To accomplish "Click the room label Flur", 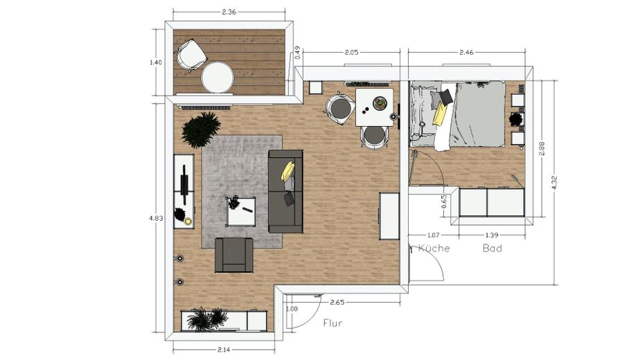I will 333,322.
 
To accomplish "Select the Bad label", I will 492,248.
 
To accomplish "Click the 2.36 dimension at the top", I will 229,12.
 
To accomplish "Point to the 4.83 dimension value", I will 156,217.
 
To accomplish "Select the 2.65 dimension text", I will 337,302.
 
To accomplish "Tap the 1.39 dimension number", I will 492,235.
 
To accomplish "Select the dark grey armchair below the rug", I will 234,255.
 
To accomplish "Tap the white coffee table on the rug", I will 242,212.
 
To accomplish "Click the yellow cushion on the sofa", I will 288,170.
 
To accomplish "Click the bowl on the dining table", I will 380,104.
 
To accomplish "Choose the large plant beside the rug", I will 201,129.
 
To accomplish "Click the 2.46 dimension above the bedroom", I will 469,53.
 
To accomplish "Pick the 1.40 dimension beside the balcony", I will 156,63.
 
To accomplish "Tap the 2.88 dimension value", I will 542,150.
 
